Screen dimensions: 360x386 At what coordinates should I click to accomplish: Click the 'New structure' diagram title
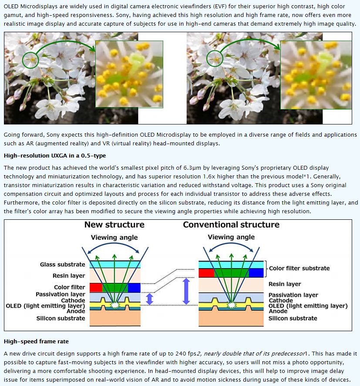114,225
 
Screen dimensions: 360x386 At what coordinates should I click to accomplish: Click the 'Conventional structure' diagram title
231,225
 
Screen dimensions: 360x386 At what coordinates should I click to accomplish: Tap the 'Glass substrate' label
63,265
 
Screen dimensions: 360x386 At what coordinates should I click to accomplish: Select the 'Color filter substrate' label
299,268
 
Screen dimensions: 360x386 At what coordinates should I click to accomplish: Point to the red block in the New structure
96,288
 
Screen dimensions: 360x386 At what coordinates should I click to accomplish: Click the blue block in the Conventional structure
256,273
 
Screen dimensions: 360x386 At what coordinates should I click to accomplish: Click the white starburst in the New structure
114,305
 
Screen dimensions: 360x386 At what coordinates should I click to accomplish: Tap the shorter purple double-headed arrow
149,299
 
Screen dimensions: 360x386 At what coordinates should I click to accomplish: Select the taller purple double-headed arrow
186,291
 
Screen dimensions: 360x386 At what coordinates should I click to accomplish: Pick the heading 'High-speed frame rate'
36,342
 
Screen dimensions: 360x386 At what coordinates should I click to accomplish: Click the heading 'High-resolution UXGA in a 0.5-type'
55,156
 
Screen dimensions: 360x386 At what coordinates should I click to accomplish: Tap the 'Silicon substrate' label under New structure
61,318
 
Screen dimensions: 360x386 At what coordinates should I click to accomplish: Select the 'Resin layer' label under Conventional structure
285,284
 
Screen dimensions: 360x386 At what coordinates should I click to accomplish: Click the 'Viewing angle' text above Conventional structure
231,237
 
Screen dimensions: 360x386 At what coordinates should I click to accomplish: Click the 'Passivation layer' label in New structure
61,295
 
